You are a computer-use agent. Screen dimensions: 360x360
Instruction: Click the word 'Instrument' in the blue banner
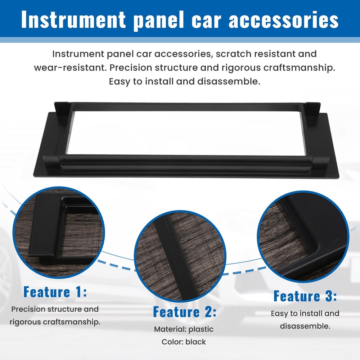pos(73,19)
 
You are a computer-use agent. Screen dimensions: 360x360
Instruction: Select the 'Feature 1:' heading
pos(55,292)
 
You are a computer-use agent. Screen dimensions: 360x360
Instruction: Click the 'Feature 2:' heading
pos(185,312)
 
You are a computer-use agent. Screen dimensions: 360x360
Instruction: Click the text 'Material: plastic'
pos(184,329)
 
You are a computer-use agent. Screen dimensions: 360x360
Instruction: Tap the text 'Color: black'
pos(184,342)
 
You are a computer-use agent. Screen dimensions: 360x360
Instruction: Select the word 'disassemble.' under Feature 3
pos(305,326)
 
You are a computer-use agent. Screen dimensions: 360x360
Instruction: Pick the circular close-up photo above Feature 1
pos(59,232)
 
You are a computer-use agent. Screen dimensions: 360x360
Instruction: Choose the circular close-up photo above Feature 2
pos(180,256)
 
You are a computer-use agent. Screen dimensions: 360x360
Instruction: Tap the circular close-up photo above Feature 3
pos(303,237)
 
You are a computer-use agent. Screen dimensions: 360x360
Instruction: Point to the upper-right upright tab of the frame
pos(313,112)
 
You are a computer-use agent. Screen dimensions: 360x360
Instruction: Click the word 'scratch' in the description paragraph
pos(232,54)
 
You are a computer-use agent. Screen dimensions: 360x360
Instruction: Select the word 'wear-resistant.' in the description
pos(70,68)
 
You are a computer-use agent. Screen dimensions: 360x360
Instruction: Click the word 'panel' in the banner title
pos(159,21)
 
